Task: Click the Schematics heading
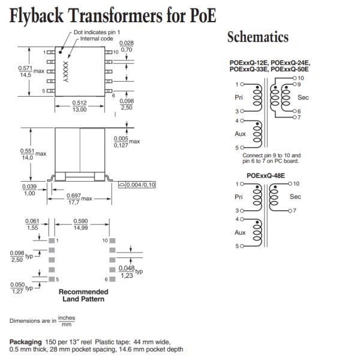click(x=257, y=37)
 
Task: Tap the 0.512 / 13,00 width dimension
click(x=80, y=106)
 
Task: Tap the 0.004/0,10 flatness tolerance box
click(x=137, y=185)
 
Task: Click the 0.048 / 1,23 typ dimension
click(x=127, y=271)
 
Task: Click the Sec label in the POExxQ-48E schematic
click(x=295, y=196)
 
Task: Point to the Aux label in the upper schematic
click(x=240, y=134)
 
